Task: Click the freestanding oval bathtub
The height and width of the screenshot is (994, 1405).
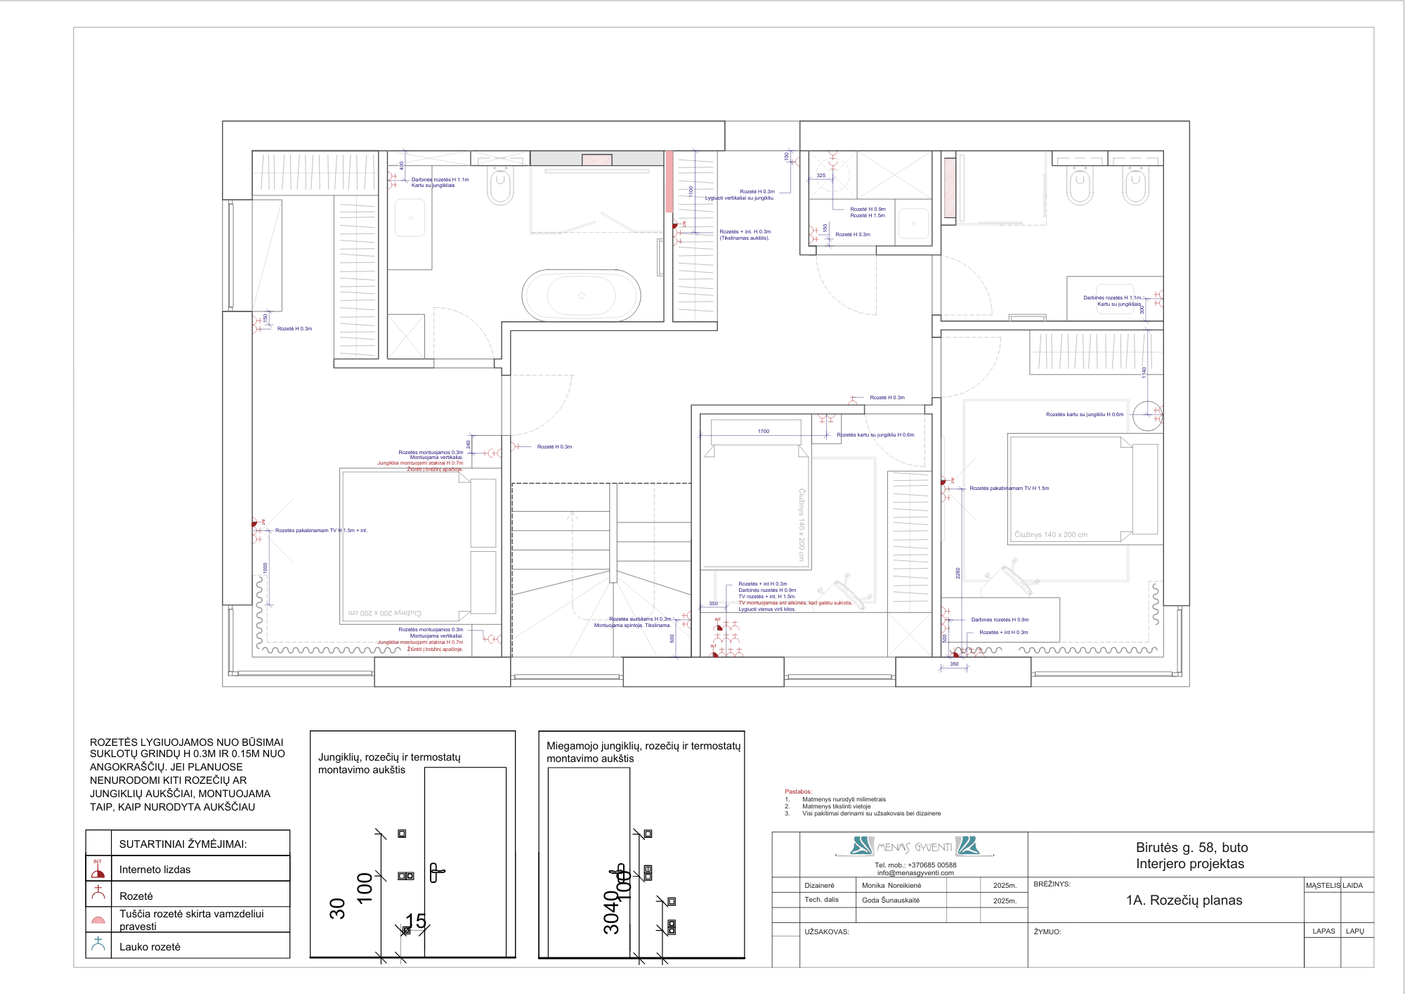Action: [581, 296]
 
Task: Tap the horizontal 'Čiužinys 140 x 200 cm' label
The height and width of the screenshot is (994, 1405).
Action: [1050, 535]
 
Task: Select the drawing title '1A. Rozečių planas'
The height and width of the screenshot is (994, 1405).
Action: [1184, 901]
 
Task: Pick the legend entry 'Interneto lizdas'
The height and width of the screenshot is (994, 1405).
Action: [155, 870]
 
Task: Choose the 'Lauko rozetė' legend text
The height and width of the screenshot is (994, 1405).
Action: [150, 947]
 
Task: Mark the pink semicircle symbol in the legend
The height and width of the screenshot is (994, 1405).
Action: [98, 920]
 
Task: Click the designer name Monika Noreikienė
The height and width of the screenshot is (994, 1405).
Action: [891, 886]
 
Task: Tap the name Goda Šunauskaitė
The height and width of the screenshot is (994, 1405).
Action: [891, 901]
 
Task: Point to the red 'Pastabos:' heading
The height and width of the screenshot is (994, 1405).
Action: [798, 792]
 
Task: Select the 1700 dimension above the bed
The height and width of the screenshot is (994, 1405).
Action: [764, 432]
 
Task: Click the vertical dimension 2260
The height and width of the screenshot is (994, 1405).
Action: [958, 573]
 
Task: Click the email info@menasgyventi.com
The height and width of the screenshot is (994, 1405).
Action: [915, 873]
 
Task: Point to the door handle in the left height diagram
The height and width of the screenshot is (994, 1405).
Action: [436, 872]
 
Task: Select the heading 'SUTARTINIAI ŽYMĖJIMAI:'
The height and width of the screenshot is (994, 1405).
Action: [183, 844]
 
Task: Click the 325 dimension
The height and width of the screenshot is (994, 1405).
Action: [821, 176]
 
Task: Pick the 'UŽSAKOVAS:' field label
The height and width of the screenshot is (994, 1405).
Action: [826, 932]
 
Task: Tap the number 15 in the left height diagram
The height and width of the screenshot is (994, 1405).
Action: [416, 921]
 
